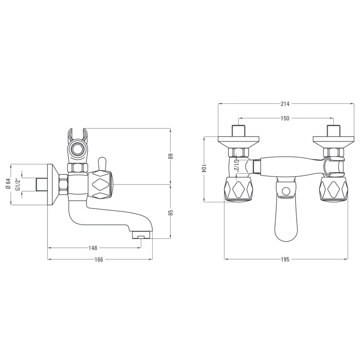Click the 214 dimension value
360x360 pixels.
(x=285, y=104)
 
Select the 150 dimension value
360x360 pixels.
(x=285, y=118)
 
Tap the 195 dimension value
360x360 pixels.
(x=285, y=259)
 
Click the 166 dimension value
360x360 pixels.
(x=99, y=259)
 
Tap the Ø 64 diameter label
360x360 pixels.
(x=8, y=184)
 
